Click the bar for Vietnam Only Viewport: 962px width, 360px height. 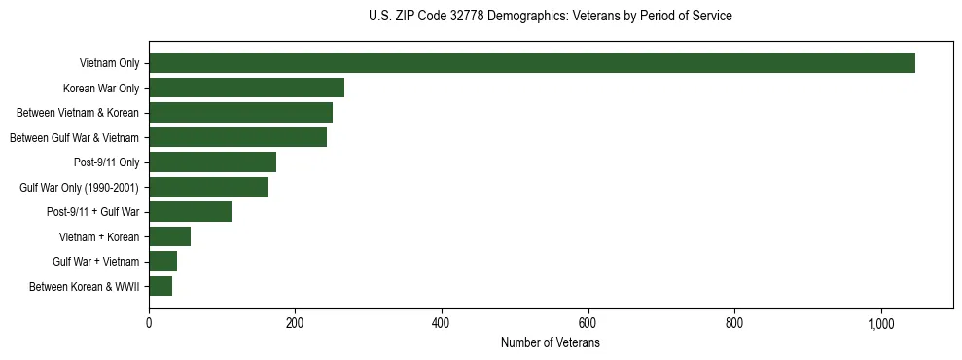point(532,63)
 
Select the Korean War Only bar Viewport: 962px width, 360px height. point(246,88)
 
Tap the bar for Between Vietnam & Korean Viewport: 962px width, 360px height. point(240,113)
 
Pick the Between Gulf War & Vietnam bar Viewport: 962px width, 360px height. point(237,137)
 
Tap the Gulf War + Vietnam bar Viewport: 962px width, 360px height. point(162,262)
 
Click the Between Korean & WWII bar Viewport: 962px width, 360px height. point(160,286)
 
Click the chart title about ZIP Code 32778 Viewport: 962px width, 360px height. point(551,17)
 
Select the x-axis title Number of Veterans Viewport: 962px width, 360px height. point(551,343)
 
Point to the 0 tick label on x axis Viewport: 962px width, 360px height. point(149,324)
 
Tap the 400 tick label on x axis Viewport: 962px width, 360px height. point(442,324)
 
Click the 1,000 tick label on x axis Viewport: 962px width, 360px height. point(880,324)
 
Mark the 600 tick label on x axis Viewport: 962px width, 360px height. point(588,324)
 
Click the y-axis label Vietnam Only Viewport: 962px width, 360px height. point(109,64)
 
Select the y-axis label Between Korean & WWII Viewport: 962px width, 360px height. point(85,287)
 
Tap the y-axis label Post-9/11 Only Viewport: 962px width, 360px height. point(106,162)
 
